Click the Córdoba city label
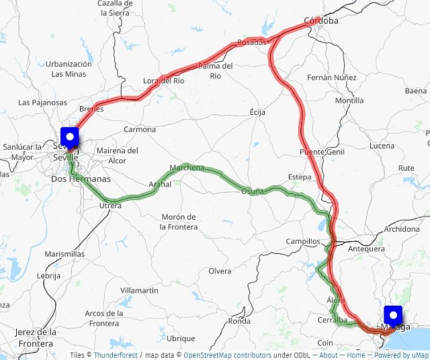coord(321,21)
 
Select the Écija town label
coord(257,111)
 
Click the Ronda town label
coord(239,321)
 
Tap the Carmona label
coord(140,130)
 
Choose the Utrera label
coord(110,206)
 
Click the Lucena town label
coord(382,146)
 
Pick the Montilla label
coord(349,101)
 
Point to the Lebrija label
coord(48,275)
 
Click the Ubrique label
coord(181,339)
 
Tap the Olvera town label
coord(220,271)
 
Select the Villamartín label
coord(139,290)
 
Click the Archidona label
coord(402,230)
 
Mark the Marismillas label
coord(64,255)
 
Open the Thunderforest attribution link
coord(115,355)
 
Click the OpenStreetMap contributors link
coord(227,355)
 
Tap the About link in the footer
coord(329,355)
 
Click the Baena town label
coord(416,91)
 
